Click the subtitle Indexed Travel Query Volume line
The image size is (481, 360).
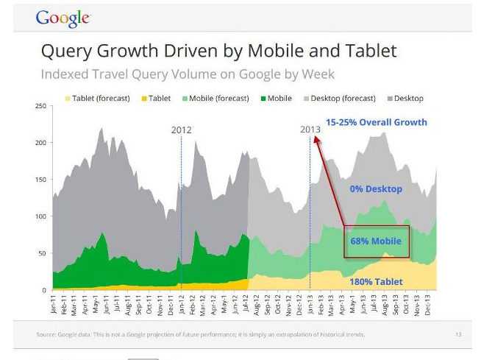[188, 74]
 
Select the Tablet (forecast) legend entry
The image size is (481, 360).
[104, 98]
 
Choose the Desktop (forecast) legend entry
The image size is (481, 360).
[343, 98]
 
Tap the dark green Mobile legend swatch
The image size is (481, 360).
[263, 98]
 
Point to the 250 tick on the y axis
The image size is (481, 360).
[40, 106]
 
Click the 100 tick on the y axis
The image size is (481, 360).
[40, 216]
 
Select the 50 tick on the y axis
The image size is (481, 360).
[42, 253]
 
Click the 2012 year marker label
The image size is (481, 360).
[182, 130]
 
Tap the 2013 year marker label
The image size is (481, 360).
[310, 130]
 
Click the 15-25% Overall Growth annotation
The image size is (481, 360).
[376, 122]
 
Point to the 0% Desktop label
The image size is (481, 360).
[376, 189]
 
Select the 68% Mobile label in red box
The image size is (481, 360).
[376, 241]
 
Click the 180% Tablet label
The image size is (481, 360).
[376, 281]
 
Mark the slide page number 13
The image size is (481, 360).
[457, 334]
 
